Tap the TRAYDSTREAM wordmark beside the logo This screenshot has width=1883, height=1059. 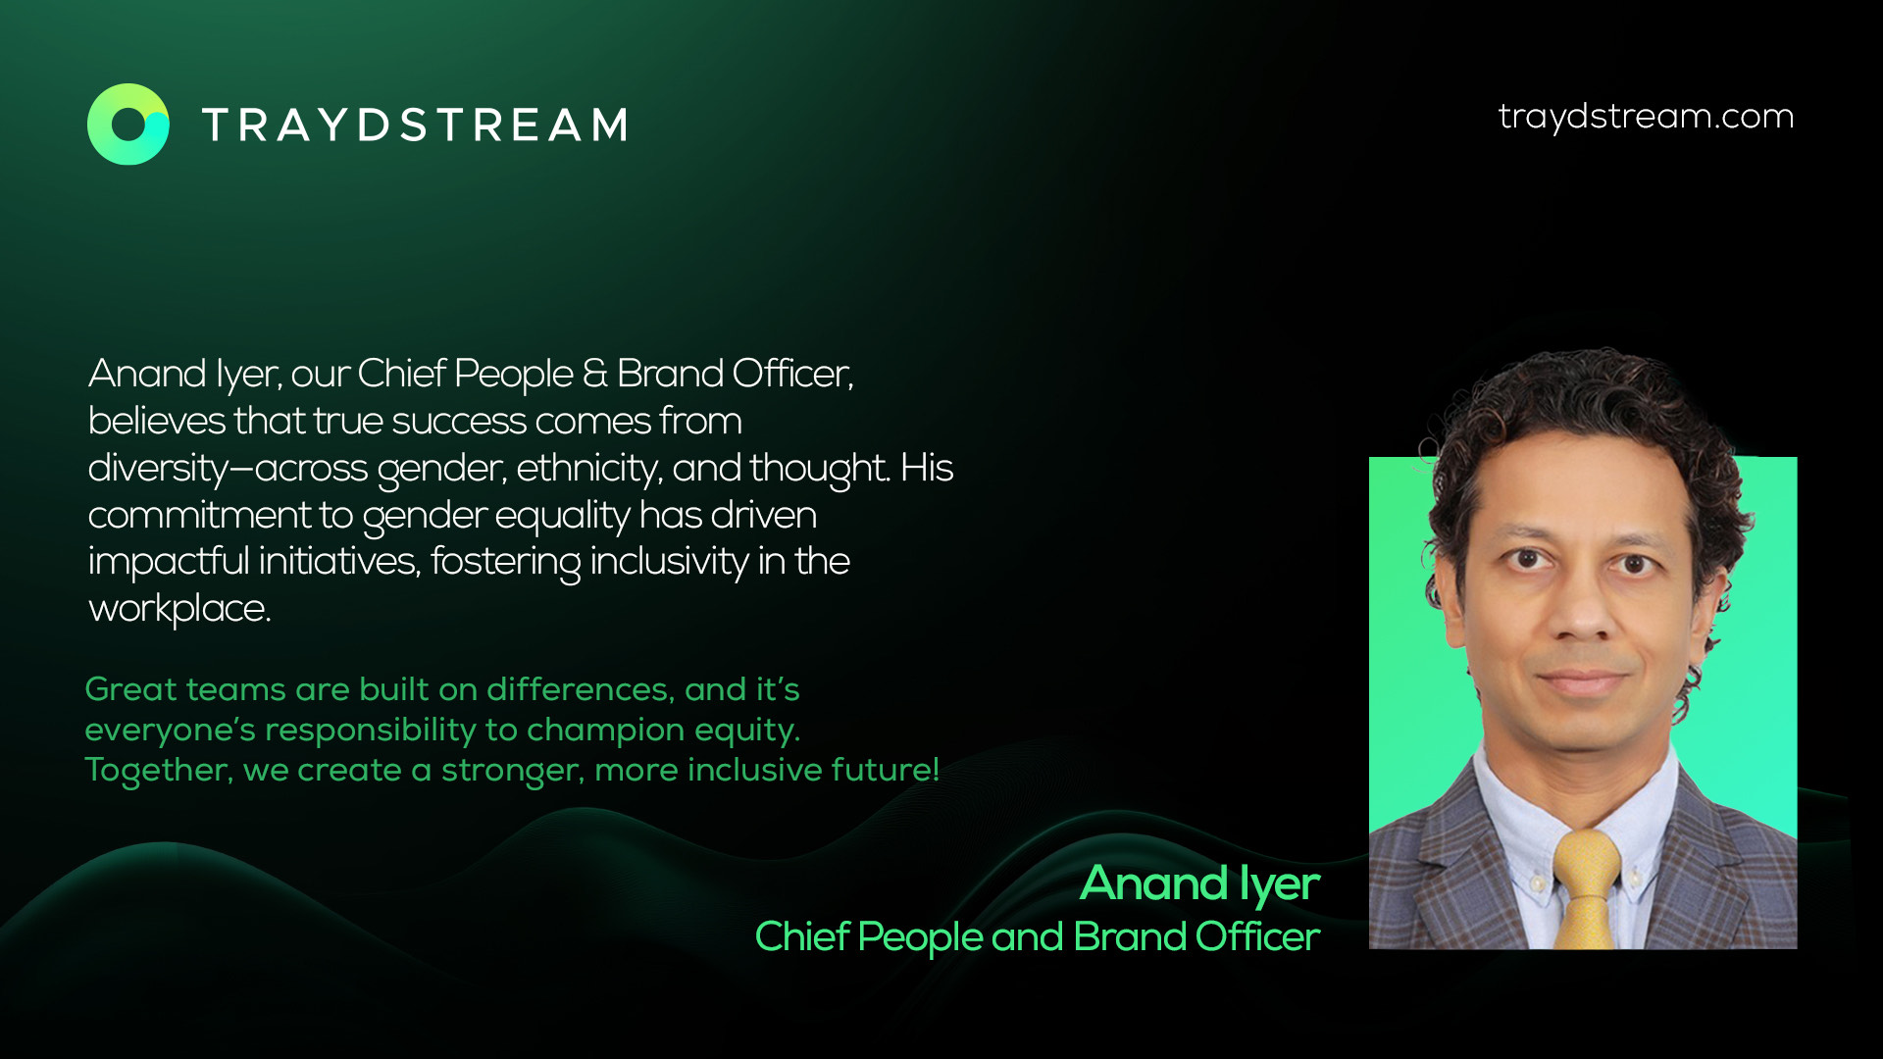click(x=415, y=126)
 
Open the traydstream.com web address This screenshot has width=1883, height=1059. click(x=1646, y=116)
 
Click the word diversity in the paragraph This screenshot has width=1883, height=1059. click(x=158, y=469)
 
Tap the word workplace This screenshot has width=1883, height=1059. click(x=178, y=610)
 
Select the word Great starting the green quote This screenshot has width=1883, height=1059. click(x=130, y=689)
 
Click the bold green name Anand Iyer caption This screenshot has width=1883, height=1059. click(x=1199, y=884)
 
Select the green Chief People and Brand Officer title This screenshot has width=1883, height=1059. click(x=1037, y=937)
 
